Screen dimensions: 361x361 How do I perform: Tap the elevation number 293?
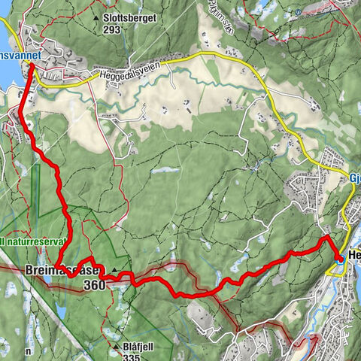113,32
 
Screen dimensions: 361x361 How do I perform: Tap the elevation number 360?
96,285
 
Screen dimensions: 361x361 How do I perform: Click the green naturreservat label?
34,242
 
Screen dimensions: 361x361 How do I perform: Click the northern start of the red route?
31,66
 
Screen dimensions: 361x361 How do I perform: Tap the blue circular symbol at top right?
299,12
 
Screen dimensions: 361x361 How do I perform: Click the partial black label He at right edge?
354,256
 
